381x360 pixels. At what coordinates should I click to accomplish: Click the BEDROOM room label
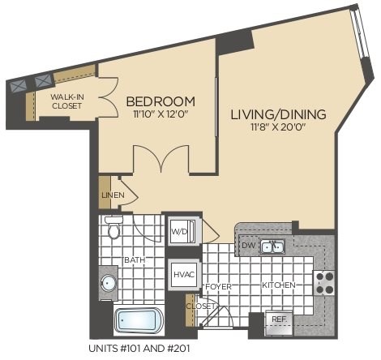(x=161, y=101)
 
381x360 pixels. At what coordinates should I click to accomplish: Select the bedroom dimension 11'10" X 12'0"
(x=161, y=115)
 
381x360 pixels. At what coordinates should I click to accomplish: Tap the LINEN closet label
(x=112, y=195)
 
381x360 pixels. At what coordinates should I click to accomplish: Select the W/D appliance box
(x=178, y=231)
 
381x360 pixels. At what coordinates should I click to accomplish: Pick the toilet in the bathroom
(x=114, y=229)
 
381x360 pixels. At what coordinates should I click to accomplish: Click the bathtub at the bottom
(x=139, y=321)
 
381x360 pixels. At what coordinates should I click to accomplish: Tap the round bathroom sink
(x=109, y=284)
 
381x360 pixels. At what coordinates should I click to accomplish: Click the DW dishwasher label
(x=248, y=245)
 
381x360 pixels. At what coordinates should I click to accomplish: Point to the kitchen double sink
(x=274, y=246)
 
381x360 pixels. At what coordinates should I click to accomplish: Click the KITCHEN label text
(x=278, y=285)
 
